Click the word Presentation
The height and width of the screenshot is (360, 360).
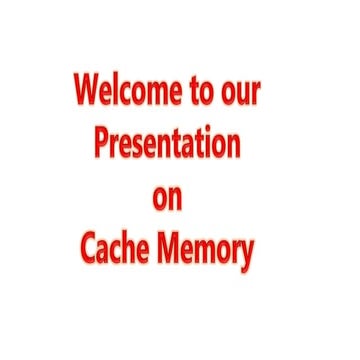(x=167, y=145)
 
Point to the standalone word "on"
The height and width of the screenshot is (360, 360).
(x=167, y=198)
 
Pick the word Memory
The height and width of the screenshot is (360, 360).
(x=207, y=251)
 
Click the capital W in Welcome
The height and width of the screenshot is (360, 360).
(x=89, y=91)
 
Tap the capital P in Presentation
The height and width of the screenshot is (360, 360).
(x=102, y=144)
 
